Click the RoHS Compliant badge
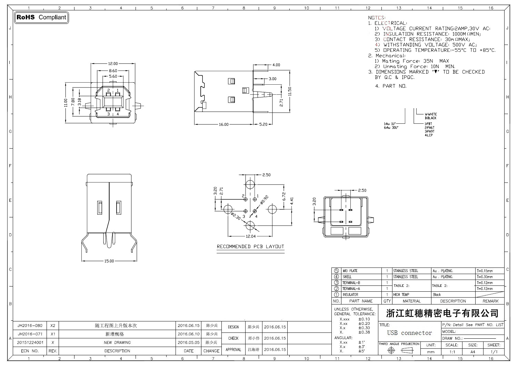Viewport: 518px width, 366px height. tap(41, 17)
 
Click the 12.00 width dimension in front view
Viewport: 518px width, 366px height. tap(113, 64)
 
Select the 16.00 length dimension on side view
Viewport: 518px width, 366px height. tap(223, 124)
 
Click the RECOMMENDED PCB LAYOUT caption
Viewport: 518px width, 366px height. tap(250, 247)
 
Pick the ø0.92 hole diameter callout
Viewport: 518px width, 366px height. tap(265, 200)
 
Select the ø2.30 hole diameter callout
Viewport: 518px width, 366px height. tap(236, 217)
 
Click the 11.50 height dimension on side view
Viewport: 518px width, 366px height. tap(290, 91)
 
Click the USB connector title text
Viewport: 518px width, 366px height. tap(409, 333)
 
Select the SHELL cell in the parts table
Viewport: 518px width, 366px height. tap(347, 277)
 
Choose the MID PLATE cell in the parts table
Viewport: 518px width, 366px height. tap(350, 271)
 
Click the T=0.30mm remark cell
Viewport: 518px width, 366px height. tap(485, 277)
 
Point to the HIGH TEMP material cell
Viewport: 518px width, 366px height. tap(401, 295)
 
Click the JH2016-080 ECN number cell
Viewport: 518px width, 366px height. tap(30, 326)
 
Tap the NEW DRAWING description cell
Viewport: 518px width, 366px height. tap(117, 342)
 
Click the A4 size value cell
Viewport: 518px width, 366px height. tap(472, 352)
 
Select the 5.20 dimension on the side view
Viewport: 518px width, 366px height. tap(263, 124)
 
